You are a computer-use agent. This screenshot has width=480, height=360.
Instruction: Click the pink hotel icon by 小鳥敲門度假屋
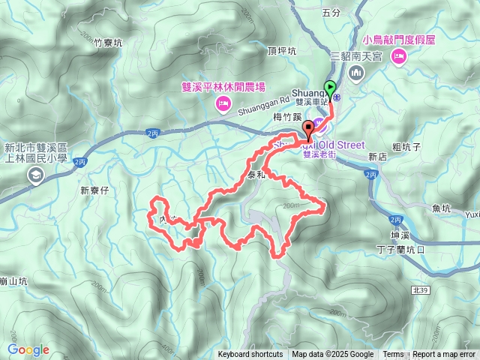click(x=398, y=55)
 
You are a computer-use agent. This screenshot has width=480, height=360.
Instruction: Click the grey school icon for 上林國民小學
click(x=34, y=175)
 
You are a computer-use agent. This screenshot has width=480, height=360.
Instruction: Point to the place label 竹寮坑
click(x=108, y=43)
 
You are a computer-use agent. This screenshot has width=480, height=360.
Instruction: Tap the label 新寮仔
click(x=95, y=190)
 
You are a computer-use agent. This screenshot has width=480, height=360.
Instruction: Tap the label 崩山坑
click(x=13, y=281)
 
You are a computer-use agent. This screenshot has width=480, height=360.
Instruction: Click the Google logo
click(x=28, y=350)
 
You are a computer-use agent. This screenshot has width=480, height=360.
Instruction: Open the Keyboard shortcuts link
click(x=250, y=355)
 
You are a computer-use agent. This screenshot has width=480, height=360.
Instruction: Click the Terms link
click(x=393, y=355)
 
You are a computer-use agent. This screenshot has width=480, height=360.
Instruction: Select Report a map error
click(x=445, y=355)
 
